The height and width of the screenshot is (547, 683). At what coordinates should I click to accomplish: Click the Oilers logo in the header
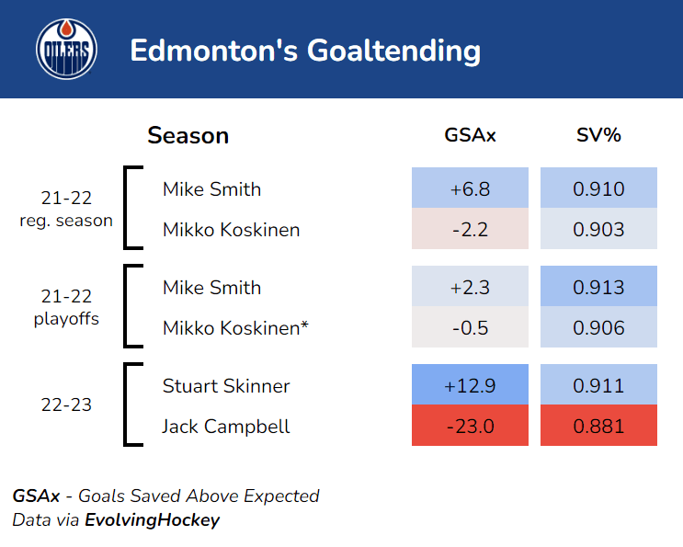pyautogui.click(x=66, y=49)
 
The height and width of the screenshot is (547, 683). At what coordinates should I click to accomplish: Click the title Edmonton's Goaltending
pyautogui.click(x=305, y=50)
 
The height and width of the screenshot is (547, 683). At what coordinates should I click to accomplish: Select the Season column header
pyautogui.click(x=188, y=136)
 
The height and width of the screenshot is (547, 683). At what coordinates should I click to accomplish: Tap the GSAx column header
pyautogui.click(x=470, y=136)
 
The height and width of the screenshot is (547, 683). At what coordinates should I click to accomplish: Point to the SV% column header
pyautogui.click(x=598, y=136)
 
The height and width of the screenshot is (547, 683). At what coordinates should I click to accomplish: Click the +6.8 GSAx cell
pyautogui.click(x=470, y=189)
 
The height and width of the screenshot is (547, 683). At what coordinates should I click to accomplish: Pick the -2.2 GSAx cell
pyautogui.click(x=470, y=230)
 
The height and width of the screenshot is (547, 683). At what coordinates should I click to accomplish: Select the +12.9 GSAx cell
pyautogui.click(x=470, y=386)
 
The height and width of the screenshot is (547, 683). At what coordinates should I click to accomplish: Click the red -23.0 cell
pyautogui.click(x=470, y=427)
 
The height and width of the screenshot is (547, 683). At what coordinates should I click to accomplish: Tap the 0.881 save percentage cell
pyautogui.click(x=598, y=427)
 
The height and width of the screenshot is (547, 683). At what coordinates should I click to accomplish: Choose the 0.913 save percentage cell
pyautogui.click(x=598, y=288)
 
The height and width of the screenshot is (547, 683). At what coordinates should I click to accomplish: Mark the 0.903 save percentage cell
pyautogui.click(x=598, y=230)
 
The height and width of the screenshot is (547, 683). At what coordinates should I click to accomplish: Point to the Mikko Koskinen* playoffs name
pyautogui.click(x=235, y=328)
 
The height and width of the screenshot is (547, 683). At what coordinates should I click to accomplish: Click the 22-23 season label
pyautogui.click(x=66, y=405)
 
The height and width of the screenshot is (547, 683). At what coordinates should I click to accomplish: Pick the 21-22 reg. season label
pyautogui.click(x=66, y=210)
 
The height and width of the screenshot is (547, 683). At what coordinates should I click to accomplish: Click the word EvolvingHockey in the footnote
pyautogui.click(x=153, y=520)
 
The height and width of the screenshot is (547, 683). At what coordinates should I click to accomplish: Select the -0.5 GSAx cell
pyautogui.click(x=470, y=328)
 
